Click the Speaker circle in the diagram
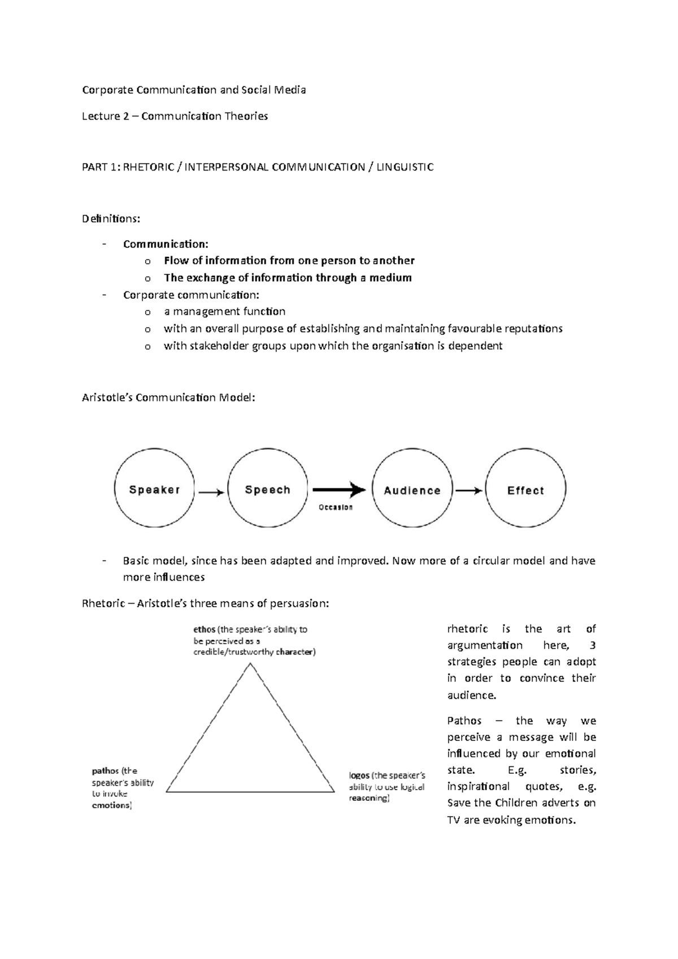click(154, 489)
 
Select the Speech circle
click(268, 489)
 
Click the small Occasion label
click(336, 507)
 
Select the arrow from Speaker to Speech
click(211, 492)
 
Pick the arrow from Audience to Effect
click(469, 491)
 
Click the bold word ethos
click(204, 629)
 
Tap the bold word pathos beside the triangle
click(106, 770)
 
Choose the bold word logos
click(359, 775)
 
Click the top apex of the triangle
click(250, 664)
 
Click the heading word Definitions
click(111, 219)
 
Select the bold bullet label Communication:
click(166, 244)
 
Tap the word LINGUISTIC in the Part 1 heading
click(406, 167)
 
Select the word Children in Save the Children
click(516, 803)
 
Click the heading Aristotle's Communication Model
click(168, 398)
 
